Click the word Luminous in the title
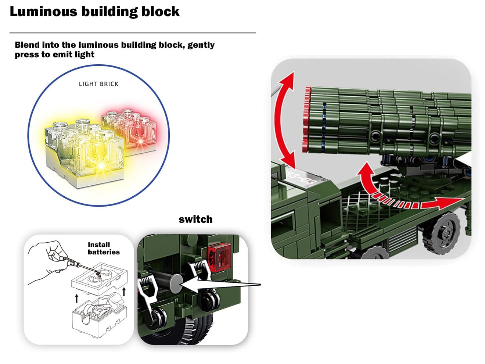(43, 12)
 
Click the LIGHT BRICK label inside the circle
(98, 84)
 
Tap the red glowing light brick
(129, 127)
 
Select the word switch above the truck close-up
(195, 220)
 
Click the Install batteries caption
(103, 248)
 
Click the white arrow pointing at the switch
(220, 285)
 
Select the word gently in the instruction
(201, 45)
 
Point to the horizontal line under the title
(132, 33)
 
